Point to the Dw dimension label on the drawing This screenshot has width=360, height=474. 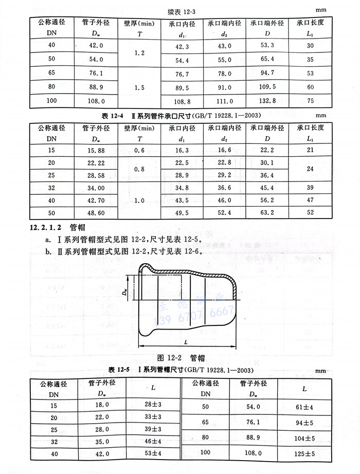point(125,291)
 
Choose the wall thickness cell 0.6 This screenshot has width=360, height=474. point(139,150)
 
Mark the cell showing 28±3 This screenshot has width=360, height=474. point(153,406)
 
